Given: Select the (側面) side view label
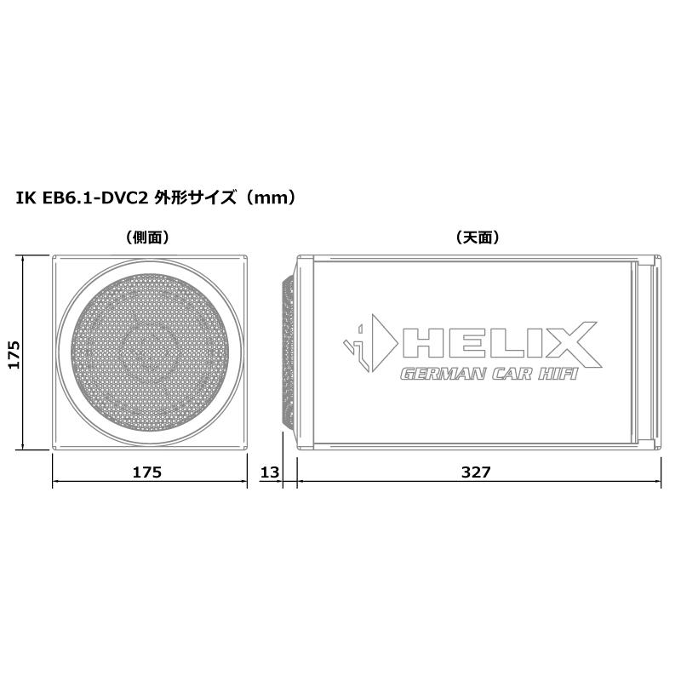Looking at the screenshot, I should tap(149, 237).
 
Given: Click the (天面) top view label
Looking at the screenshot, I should tap(478, 237).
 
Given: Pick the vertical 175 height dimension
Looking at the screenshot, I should tap(12, 352).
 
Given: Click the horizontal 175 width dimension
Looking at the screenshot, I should tap(148, 472).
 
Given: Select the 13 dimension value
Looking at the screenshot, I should tap(270, 472).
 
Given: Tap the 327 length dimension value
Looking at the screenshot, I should tap(478, 472).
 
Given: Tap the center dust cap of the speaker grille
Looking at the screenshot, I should tap(150, 350).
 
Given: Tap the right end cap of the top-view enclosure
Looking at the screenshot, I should tap(649, 352).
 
